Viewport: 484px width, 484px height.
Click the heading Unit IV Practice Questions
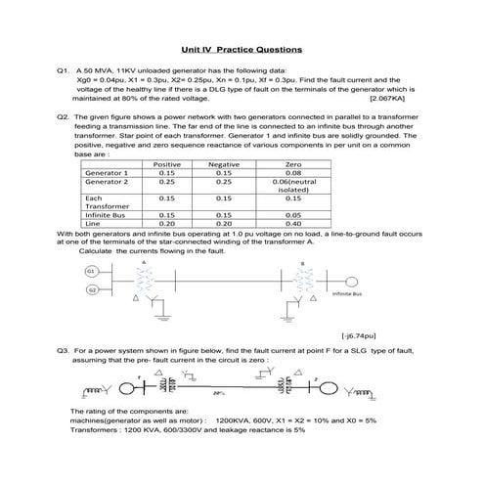[x=242, y=49]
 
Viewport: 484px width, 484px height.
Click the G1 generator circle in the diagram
[x=91, y=270]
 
